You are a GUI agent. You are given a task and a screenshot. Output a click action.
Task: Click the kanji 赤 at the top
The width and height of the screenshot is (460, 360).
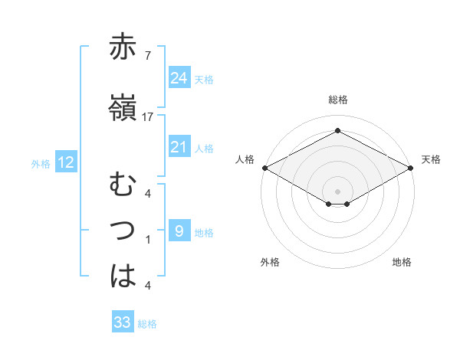(x=123, y=47)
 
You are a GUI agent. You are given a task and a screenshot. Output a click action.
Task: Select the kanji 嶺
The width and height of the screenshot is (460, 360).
(x=123, y=109)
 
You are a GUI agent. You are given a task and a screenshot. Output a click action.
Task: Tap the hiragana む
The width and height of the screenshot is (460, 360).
(x=123, y=186)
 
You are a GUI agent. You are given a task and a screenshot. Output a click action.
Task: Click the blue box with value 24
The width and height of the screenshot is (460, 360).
(x=179, y=77)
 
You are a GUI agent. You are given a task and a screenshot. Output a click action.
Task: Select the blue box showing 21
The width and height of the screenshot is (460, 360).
(x=179, y=147)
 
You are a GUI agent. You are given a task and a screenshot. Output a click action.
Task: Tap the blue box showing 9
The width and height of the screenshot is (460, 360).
(x=179, y=231)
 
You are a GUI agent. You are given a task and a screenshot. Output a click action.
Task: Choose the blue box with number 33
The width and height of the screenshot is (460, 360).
(x=123, y=322)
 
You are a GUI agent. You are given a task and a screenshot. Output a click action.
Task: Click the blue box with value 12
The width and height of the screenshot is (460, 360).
(x=66, y=162)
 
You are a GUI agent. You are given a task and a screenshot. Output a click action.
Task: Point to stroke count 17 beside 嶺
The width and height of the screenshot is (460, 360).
(x=148, y=117)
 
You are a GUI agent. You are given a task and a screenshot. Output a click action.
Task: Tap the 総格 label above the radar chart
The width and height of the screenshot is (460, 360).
(x=337, y=100)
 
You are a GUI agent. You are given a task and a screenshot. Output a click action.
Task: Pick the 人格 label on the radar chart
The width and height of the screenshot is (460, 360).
(x=244, y=159)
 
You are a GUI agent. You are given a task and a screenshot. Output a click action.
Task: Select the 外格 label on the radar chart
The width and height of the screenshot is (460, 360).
(x=270, y=262)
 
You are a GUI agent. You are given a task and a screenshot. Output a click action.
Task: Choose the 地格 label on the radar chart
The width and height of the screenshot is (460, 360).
(x=402, y=262)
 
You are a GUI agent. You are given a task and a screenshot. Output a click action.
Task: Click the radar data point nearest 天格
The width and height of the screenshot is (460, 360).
(x=411, y=168)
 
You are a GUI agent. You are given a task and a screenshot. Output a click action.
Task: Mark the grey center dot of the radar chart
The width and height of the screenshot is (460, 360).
(x=337, y=191)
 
